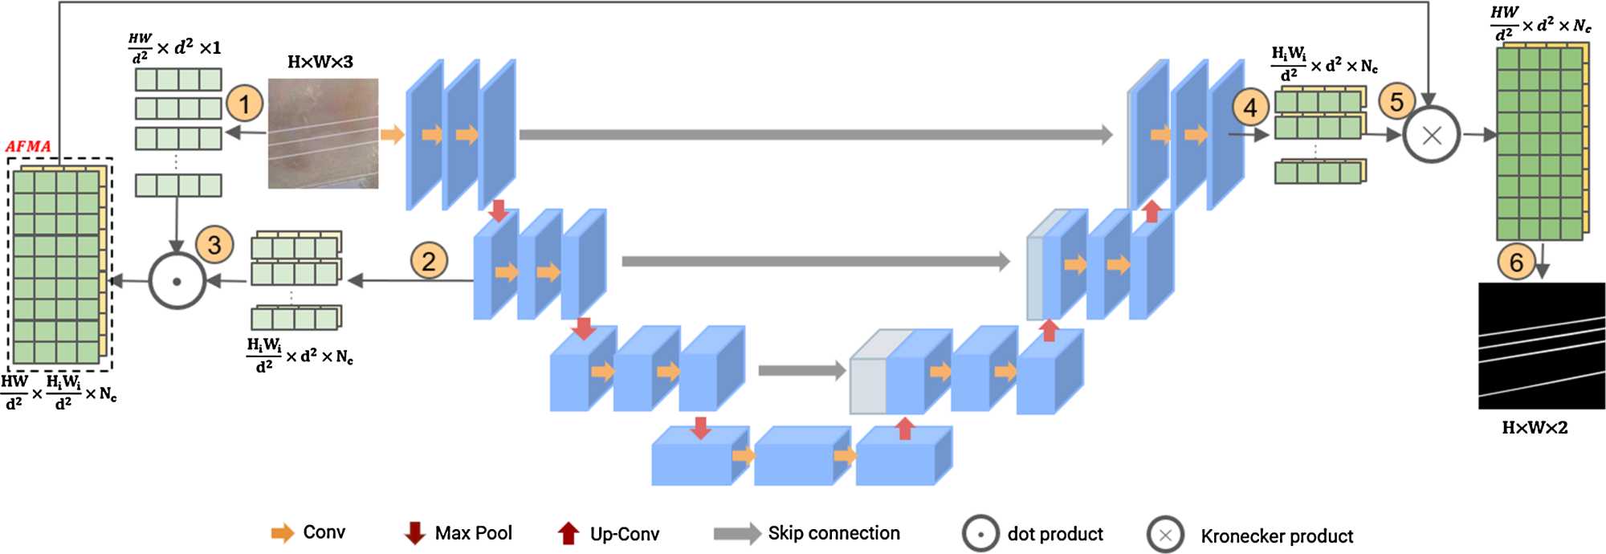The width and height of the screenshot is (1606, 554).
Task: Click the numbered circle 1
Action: click(245, 104)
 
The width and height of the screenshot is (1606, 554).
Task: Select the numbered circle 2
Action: click(429, 261)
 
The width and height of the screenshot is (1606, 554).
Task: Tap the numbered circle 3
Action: click(214, 245)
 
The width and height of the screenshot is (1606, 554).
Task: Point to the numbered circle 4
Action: click(1250, 107)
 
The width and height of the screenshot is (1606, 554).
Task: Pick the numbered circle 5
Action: click(1397, 102)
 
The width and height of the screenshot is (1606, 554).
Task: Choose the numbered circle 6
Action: click(1516, 263)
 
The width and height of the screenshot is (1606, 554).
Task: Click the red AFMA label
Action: click(28, 146)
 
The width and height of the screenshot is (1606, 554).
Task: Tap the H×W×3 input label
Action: click(320, 62)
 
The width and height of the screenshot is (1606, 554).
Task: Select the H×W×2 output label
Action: click(1535, 427)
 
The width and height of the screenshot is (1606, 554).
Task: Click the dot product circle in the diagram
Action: click(177, 281)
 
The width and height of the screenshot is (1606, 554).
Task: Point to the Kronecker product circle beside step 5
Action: click(1432, 135)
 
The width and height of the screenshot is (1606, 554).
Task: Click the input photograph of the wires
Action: click(323, 133)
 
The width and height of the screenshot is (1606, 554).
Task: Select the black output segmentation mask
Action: click(1542, 345)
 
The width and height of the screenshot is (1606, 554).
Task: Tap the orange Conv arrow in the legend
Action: click(283, 533)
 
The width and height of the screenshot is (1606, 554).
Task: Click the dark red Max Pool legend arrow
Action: click(414, 533)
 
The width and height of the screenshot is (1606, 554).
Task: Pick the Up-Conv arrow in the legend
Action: click(569, 533)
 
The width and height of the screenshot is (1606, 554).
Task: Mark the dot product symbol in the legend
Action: click(980, 534)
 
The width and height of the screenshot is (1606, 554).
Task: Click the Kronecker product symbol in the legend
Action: click(1166, 536)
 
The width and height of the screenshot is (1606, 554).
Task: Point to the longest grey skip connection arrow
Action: click(815, 134)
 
